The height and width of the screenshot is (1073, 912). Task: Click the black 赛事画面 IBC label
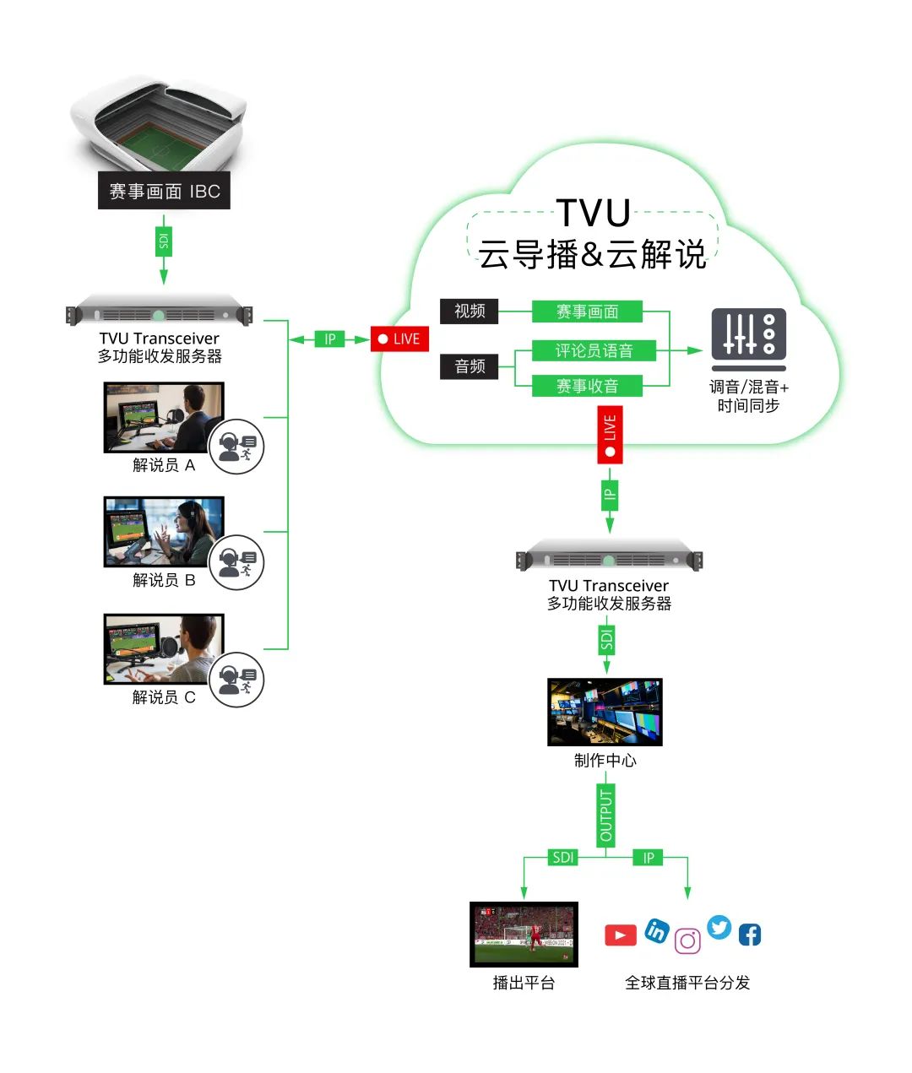pos(164,192)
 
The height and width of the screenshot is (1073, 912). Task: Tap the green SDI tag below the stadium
pos(163,242)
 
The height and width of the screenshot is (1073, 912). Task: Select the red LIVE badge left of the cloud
pos(400,339)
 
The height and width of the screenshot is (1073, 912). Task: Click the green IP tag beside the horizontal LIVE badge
pos(330,339)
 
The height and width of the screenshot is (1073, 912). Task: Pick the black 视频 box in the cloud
pos(470,311)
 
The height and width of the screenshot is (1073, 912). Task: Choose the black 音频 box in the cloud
pos(470,366)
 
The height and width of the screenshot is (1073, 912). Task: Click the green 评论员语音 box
pos(594,350)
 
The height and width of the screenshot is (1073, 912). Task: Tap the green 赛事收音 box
pos(587,387)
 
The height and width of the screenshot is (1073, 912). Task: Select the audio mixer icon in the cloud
pos(748,339)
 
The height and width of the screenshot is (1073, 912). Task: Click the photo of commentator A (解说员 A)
pos(164,417)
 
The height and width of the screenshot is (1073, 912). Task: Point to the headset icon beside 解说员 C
pos(236,680)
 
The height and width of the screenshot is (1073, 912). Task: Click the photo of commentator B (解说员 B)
pos(164,532)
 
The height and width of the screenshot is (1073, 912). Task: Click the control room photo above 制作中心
pos(605,712)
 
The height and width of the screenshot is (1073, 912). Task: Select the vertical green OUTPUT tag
pos(605,816)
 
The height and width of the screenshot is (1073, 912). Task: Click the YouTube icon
pos(620,935)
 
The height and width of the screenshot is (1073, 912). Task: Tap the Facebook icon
pos(750,935)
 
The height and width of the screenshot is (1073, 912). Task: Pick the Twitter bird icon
pos(719,927)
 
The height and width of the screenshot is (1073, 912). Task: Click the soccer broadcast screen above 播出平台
pos(524,935)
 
